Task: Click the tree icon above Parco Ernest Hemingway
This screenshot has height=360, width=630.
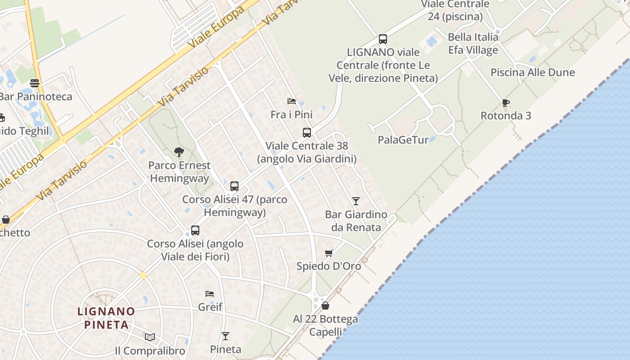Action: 179,152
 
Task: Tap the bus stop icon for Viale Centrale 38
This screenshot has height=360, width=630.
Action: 307,133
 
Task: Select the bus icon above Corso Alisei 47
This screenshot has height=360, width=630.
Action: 234,186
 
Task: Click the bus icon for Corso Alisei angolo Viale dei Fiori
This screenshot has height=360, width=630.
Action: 195,230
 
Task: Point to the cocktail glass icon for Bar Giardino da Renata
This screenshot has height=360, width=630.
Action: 356,201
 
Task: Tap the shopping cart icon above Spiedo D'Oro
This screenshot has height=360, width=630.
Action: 329,253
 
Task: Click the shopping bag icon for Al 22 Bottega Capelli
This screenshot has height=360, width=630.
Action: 325,306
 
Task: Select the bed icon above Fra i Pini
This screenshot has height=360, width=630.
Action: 292,101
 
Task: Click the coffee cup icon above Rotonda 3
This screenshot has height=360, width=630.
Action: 506,103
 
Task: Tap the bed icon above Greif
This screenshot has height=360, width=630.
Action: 210,294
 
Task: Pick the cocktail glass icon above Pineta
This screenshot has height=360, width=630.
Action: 225,336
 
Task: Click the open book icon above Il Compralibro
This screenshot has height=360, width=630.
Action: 150,337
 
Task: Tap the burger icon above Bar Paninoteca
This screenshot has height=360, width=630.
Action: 35,83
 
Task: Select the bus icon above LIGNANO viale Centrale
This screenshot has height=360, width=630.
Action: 383,39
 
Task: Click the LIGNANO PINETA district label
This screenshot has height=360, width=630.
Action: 106,318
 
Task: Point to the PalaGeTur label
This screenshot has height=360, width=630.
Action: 403,140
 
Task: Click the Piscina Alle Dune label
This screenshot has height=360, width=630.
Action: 532,72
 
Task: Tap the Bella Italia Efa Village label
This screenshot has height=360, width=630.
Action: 473,43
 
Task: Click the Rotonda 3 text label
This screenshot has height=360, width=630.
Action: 506,116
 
